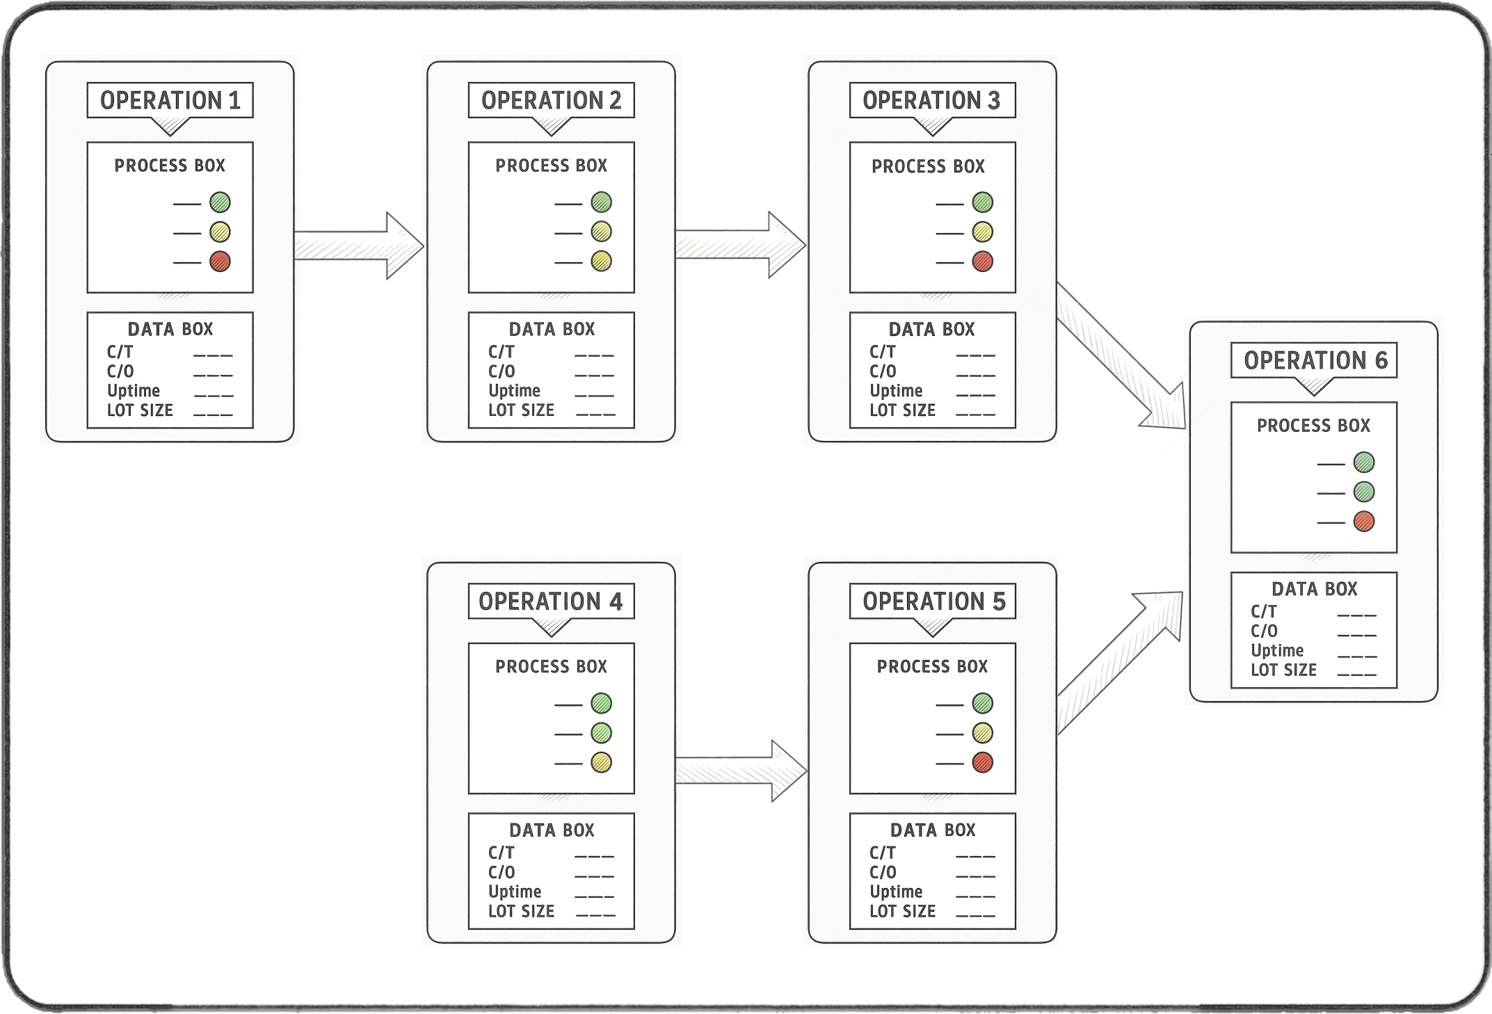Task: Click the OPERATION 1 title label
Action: tap(170, 101)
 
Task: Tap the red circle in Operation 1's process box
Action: tap(220, 261)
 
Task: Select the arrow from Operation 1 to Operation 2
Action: tap(358, 246)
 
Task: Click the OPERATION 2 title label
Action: tap(551, 101)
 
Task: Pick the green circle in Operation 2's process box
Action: tap(601, 202)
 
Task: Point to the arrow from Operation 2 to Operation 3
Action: tap(740, 246)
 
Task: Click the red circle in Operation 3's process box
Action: tap(982, 261)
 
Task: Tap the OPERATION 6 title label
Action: tap(1315, 360)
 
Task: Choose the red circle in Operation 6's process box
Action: tap(1363, 522)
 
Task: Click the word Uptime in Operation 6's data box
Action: tap(1277, 651)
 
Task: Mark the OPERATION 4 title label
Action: tap(551, 602)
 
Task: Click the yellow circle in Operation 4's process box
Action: tap(601, 763)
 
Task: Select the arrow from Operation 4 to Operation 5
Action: tap(740, 771)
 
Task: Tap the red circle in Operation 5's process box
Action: tap(982, 763)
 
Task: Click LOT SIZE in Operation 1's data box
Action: tap(140, 410)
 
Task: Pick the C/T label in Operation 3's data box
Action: tap(882, 352)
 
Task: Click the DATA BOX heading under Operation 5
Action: tap(932, 830)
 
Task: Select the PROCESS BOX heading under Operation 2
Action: tap(551, 166)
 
